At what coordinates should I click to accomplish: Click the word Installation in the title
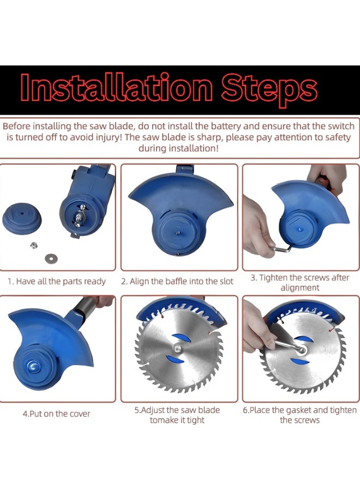[116, 88]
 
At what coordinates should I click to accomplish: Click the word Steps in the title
[269, 89]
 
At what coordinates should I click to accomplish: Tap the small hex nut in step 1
[34, 245]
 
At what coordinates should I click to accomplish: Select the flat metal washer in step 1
[51, 259]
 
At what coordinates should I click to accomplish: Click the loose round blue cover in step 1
[22, 218]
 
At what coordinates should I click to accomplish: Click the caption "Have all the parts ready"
[61, 281]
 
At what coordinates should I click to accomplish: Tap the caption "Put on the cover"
[60, 414]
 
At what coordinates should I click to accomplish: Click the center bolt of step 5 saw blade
[177, 347]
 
